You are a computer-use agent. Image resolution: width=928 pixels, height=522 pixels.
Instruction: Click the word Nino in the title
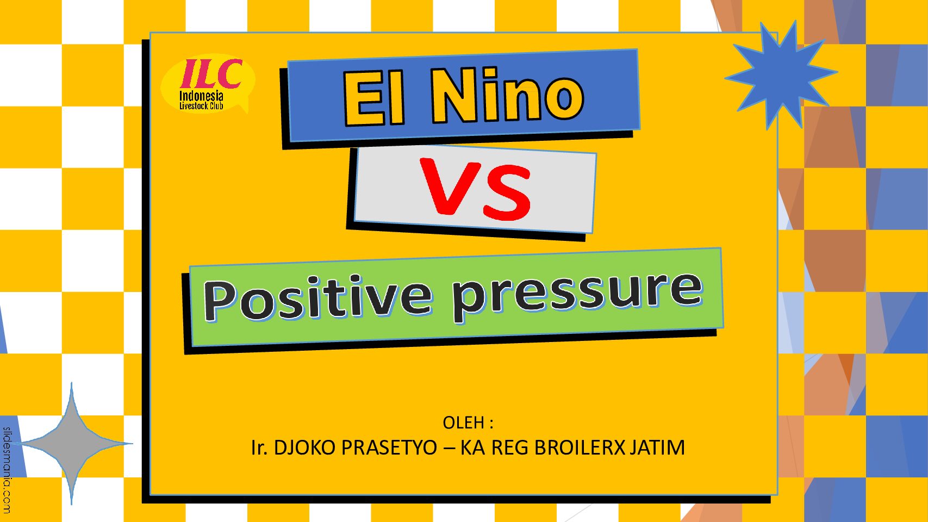(x=508, y=95)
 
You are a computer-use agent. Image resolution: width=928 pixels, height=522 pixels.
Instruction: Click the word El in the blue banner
(x=373, y=97)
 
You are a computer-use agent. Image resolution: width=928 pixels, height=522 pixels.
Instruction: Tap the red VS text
(x=475, y=189)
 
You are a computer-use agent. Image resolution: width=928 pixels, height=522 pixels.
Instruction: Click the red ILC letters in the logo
(x=211, y=74)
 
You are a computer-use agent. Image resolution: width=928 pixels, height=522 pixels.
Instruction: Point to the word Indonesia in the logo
(x=201, y=96)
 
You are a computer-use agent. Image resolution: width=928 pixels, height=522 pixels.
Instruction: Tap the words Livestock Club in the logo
(x=201, y=106)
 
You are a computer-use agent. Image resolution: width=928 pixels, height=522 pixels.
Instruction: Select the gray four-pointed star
(x=72, y=443)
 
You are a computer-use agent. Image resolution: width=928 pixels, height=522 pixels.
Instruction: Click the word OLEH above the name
(x=464, y=422)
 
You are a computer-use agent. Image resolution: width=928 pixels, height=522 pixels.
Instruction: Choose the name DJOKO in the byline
(x=304, y=448)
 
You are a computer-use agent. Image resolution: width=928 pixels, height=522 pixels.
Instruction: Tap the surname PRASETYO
(x=389, y=448)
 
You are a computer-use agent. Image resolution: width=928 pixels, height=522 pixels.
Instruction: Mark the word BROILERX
(x=580, y=448)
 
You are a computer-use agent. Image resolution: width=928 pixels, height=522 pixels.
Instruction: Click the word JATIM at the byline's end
(x=657, y=448)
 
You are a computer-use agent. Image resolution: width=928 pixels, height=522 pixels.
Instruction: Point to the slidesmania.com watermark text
(x=7, y=470)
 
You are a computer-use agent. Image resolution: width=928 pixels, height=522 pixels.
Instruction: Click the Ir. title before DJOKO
(x=259, y=448)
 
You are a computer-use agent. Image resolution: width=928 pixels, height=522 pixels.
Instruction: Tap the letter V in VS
(x=450, y=187)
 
